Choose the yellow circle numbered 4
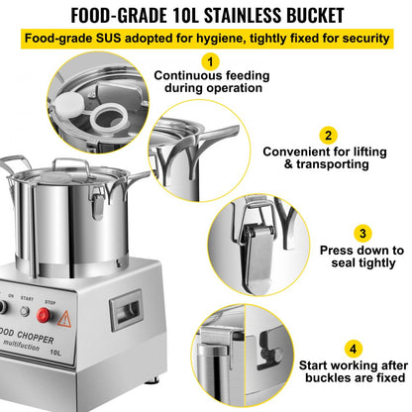pos(353,349)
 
